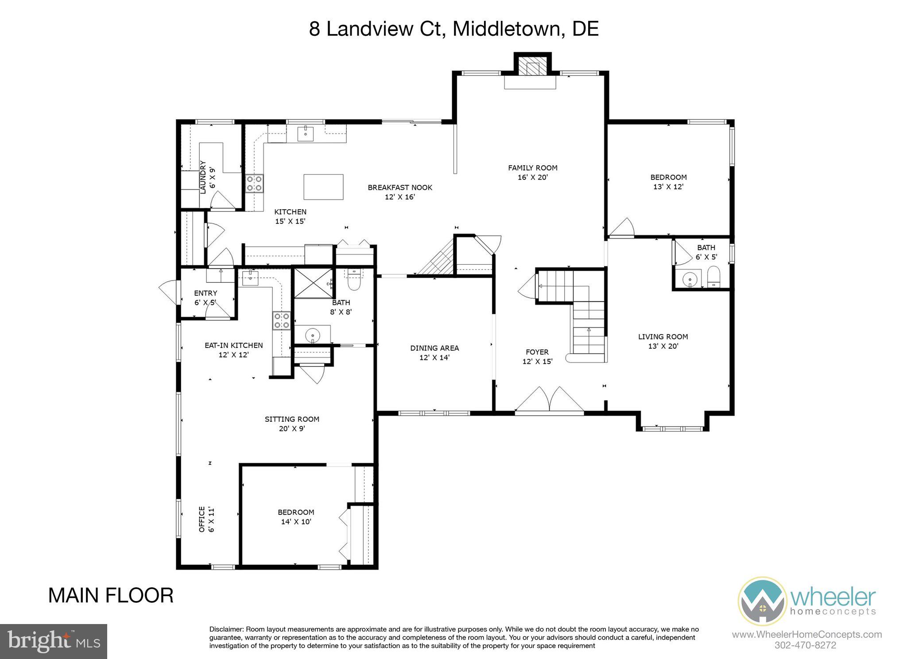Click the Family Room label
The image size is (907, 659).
pos(532,168)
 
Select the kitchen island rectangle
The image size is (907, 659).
pos(323,186)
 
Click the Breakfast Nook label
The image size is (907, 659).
pos(399,188)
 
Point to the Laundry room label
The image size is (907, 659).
pos(203,177)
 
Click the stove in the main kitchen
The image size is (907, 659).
pos(255,183)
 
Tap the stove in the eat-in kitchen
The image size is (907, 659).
pos(281,320)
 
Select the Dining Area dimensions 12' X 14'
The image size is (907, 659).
pos(434,358)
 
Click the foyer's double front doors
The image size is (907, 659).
pos(549,400)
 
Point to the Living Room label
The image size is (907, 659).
pos(663,337)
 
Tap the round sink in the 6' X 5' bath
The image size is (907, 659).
pos(689,279)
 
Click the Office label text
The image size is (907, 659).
pos(202,520)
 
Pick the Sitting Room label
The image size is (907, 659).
pos(292,419)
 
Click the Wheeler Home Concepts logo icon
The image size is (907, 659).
pos(762,601)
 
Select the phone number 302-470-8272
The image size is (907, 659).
pos(805,645)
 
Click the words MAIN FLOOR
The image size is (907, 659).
pos(111,596)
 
